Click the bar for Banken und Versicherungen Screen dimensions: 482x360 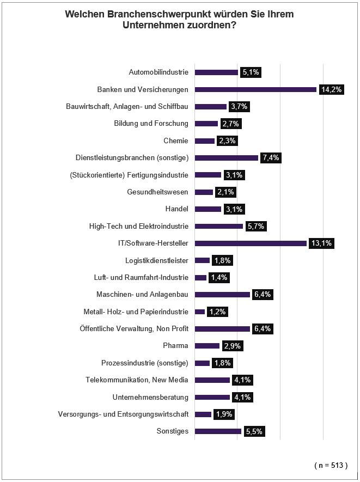(x=255, y=89)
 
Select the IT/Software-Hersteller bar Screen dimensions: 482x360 (x=251, y=243)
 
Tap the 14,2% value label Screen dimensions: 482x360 (x=331, y=89)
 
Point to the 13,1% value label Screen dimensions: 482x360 (x=321, y=243)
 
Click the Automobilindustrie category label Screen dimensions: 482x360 (x=158, y=72)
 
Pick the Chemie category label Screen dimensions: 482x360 (x=176, y=141)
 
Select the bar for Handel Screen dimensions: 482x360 (x=208, y=209)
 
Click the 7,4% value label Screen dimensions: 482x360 (x=271, y=158)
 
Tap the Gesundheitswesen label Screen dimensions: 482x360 (x=157, y=192)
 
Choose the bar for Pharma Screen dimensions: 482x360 (x=207, y=346)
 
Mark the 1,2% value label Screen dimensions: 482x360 (x=217, y=312)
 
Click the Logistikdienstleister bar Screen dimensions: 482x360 (x=202, y=260)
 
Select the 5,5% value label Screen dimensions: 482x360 (x=254, y=431)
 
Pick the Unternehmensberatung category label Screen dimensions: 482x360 (x=150, y=397)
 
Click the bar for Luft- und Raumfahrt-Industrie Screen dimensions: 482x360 (x=201, y=278)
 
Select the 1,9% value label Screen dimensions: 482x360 (x=224, y=414)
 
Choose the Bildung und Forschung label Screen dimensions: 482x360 (x=151, y=124)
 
